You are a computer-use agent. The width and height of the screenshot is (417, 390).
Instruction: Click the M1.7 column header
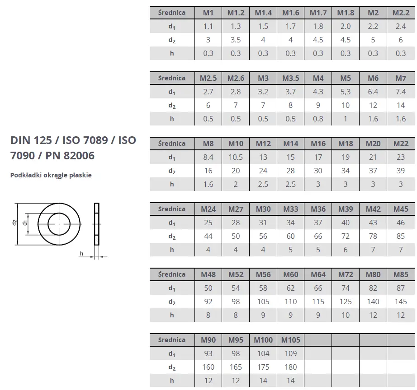[x=318, y=13]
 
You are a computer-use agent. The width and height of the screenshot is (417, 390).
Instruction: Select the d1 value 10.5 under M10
[x=236, y=157]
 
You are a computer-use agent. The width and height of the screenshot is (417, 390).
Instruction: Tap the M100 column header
[x=263, y=340]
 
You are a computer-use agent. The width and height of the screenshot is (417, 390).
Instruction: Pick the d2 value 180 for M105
[x=291, y=367]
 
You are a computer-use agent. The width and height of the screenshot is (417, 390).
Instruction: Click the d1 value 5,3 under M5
[x=346, y=92]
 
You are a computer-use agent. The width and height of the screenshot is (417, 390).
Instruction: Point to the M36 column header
[x=318, y=209]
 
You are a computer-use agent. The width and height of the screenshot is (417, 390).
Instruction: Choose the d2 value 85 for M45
[x=401, y=236]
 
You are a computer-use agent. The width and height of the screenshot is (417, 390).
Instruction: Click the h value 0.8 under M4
[x=318, y=119]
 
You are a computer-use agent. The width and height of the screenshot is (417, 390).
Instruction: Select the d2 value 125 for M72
[x=346, y=302]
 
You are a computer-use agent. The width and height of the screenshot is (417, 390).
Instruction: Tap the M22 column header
[x=401, y=144]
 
